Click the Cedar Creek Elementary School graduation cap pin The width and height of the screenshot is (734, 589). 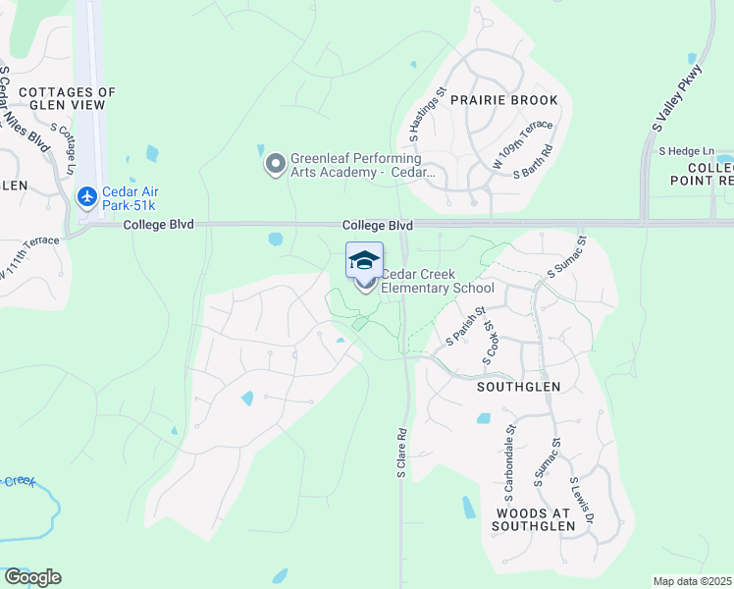click(x=364, y=261)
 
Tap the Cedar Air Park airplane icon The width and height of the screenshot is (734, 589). click(x=87, y=197)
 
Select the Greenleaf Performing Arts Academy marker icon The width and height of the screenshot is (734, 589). click(x=276, y=164)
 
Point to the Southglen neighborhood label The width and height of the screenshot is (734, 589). click(x=518, y=387)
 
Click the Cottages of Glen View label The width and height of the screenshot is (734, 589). click(x=67, y=99)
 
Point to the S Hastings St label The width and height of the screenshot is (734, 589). click(x=427, y=116)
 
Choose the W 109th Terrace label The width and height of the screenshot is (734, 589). click(x=524, y=146)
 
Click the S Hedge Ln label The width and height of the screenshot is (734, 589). click(x=686, y=151)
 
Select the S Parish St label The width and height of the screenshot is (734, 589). click(x=466, y=327)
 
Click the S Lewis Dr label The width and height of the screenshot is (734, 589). click(x=583, y=504)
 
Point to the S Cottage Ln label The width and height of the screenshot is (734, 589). click(x=61, y=150)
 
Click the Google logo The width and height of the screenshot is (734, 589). click(x=32, y=577)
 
